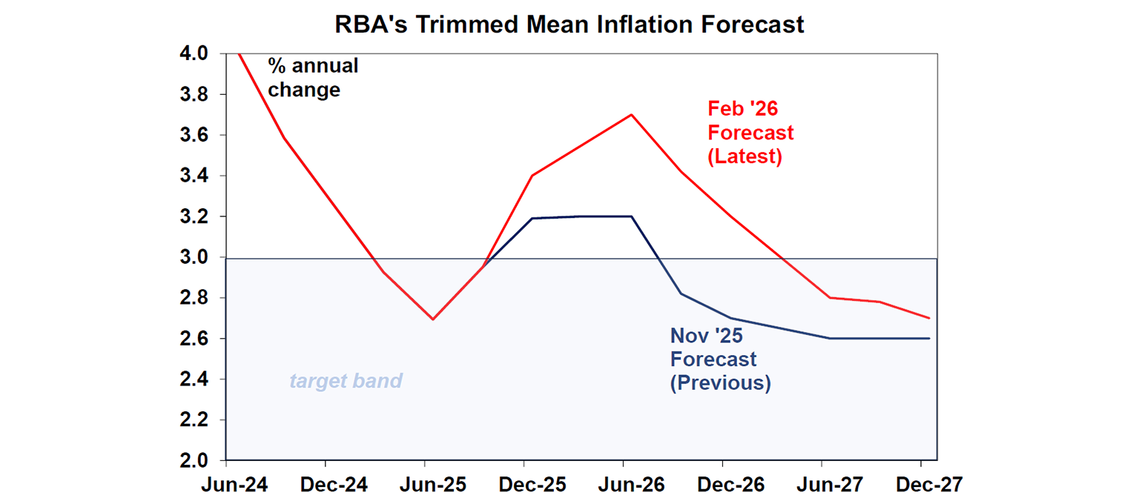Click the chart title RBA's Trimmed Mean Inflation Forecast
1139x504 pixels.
point(569,24)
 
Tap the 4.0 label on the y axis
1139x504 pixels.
point(194,54)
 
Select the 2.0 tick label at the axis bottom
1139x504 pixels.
point(194,460)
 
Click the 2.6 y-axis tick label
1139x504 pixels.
point(194,339)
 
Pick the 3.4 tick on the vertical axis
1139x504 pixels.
point(194,176)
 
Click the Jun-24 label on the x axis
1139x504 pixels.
point(235,485)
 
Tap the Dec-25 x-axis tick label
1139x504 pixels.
point(532,485)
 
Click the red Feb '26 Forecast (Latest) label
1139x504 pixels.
point(750,133)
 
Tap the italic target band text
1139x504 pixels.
point(346,381)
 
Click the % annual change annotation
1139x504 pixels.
point(312,78)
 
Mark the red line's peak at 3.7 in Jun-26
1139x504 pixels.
point(631,115)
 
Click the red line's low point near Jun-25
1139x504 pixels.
point(433,319)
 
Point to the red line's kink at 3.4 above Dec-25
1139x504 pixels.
point(531,176)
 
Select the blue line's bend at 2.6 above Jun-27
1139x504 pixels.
point(830,338)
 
